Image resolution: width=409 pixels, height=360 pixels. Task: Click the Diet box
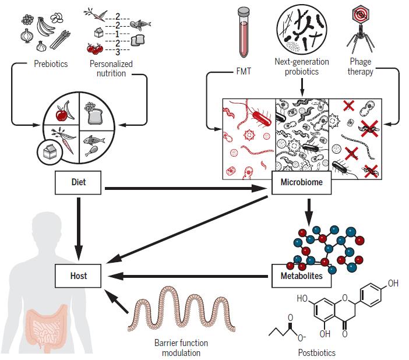78,182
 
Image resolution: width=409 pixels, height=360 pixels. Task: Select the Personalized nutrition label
111,68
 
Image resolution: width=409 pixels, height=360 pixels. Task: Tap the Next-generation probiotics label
301,66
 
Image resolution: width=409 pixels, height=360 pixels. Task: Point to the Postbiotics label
316,352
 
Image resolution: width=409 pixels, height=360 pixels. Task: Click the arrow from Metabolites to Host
186,276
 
